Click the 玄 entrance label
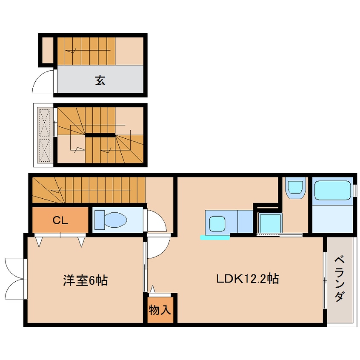click(100, 80)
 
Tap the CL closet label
click(60, 220)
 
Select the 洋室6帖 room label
click(85, 280)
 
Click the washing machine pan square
click(269, 223)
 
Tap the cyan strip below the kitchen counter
click(215, 237)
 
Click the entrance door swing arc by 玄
click(43, 82)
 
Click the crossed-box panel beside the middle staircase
click(44, 135)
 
